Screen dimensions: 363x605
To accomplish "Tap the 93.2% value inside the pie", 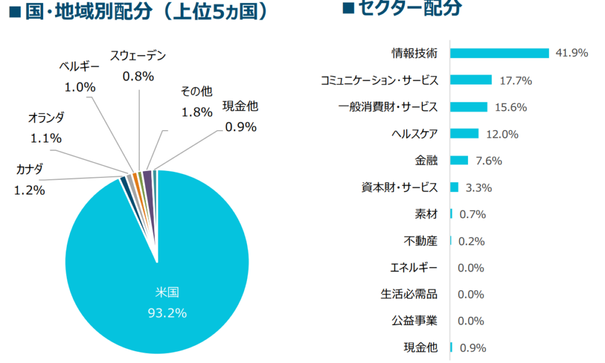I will (167, 313).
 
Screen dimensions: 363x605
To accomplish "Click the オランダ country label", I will (46, 118).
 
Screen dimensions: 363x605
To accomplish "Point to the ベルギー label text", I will (80, 66).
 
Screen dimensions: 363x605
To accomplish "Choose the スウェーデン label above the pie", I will (138, 56).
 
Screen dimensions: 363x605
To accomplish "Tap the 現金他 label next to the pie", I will (240, 106).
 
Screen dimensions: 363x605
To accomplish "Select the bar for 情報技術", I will (499, 53).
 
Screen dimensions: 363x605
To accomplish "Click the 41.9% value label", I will (572, 53).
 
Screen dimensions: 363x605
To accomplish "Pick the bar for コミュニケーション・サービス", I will (471, 80).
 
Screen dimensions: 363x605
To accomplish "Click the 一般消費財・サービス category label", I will (388, 107).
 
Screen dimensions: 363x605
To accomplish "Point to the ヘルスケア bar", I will (464, 134).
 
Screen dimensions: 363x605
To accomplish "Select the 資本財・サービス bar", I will (454, 187).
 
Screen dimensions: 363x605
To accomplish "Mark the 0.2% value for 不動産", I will (471, 241).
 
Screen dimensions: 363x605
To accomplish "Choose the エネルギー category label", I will (414, 268).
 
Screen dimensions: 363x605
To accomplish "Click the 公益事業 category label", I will (414, 321).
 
